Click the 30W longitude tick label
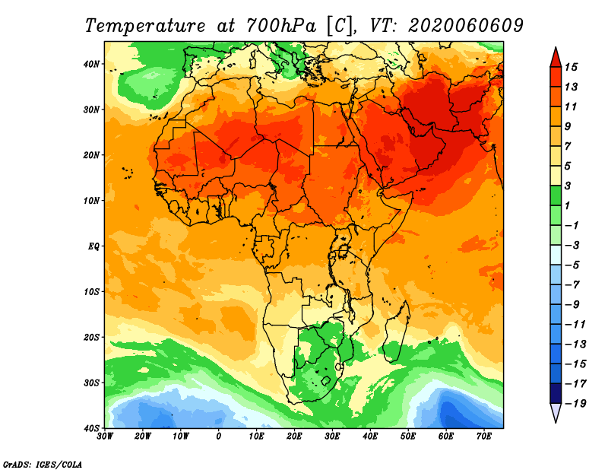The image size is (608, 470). (106, 436)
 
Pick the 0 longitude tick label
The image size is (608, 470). (219, 436)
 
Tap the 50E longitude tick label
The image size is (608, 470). (407, 436)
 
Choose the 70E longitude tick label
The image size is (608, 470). (483, 436)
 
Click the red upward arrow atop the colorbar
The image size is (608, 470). (556, 56)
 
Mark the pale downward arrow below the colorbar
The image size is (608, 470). (556, 413)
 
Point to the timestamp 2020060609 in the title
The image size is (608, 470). (465, 25)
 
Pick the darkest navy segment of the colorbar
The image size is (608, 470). (556, 393)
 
